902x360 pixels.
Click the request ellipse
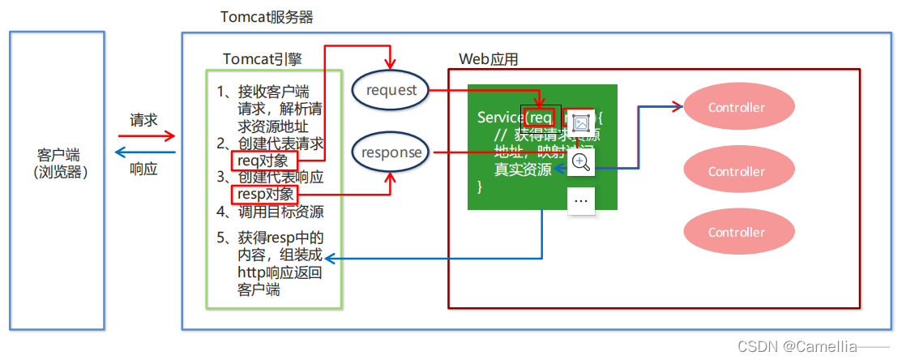[391, 90]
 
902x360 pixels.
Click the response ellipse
[391, 152]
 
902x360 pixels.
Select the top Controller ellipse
[736, 107]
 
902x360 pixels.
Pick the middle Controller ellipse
[736, 171]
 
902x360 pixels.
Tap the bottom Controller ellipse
[736, 232]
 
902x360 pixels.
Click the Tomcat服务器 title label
[267, 17]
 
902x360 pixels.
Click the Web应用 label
[488, 59]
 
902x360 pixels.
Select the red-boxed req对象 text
[259, 161]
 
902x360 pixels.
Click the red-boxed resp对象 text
[265, 195]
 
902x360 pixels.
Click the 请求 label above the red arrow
[143, 120]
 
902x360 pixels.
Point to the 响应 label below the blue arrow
[143, 169]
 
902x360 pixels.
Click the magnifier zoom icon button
[581, 161]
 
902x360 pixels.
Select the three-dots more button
[581, 200]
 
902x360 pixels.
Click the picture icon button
[581, 122]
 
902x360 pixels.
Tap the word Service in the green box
[499, 118]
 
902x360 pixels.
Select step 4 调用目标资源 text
[271, 212]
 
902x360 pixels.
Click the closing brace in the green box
[480, 186]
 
